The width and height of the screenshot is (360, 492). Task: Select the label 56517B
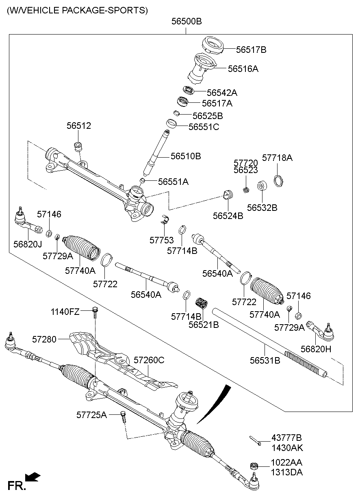[x=251, y=50]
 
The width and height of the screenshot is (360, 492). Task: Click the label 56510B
[x=186, y=156]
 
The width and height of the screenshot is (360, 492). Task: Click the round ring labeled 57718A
[x=278, y=179]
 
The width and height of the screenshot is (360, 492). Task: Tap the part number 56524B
[x=228, y=216]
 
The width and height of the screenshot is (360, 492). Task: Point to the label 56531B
[x=265, y=360]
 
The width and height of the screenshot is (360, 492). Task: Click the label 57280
[x=45, y=338]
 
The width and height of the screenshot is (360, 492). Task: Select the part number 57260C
[x=149, y=360]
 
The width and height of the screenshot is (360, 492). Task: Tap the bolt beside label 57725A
[x=124, y=416]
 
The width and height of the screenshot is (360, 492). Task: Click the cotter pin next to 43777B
[x=255, y=440]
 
